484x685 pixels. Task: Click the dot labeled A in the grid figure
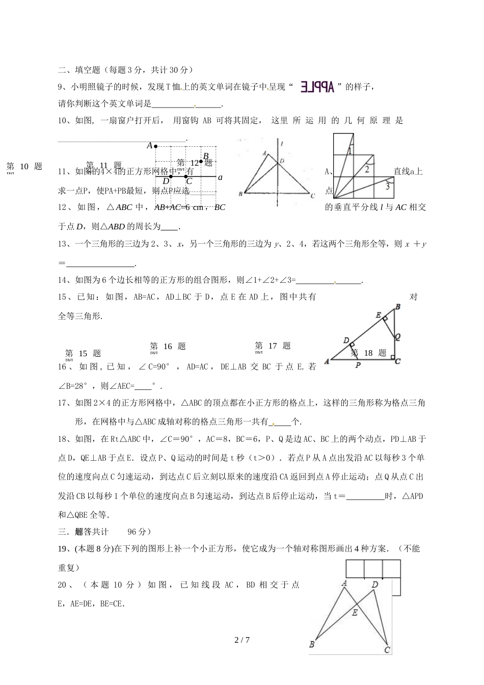[x=155, y=146]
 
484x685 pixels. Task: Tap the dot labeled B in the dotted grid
[x=201, y=162]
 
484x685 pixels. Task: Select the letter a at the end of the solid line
[x=220, y=177]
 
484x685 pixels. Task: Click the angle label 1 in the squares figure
[x=350, y=151]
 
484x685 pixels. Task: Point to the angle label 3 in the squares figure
[x=387, y=187]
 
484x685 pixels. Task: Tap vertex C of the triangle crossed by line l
[x=312, y=195]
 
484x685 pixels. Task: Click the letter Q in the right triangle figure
[x=397, y=336]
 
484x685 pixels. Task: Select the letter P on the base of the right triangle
[x=358, y=365]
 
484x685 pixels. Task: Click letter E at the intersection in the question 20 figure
[x=355, y=613]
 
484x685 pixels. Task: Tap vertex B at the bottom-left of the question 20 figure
[x=312, y=644]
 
